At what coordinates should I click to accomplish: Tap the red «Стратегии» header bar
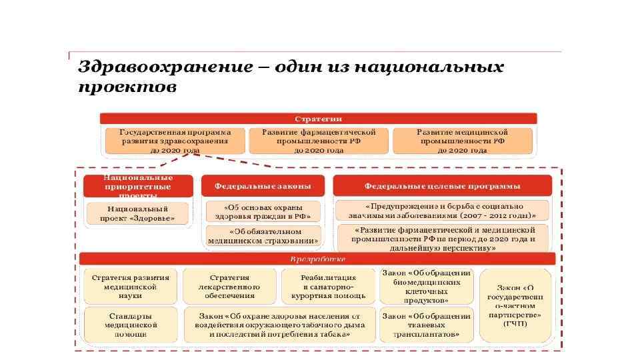[x=318, y=119]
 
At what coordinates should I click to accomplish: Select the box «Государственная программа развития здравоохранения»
[x=175, y=141]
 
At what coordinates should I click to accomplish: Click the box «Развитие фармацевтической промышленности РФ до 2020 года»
[x=319, y=141]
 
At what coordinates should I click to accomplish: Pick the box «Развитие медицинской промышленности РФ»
[x=462, y=141]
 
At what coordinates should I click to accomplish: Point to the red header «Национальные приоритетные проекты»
[x=138, y=186]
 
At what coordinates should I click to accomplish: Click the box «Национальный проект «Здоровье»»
[x=138, y=213]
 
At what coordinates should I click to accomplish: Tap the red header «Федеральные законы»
[x=263, y=186]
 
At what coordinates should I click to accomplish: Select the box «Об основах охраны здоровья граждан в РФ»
[x=263, y=211]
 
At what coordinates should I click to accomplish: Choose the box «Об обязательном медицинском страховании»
[x=263, y=234]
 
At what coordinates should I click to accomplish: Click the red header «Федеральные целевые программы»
[x=442, y=186]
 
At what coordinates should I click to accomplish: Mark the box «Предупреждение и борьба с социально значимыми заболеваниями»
[x=442, y=211]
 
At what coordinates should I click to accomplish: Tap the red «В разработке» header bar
[x=317, y=259]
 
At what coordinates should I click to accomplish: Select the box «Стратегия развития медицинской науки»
[x=130, y=286]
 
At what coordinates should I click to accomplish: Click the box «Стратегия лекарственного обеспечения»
[x=229, y=286]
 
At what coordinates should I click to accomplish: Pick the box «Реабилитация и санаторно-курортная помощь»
[x=328, y=286]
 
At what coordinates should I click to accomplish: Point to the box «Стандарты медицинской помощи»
[x=130, y=324]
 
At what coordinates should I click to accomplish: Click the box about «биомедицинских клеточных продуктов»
[x=426, y=286]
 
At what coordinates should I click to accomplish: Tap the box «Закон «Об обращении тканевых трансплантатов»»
[x=426, y=324]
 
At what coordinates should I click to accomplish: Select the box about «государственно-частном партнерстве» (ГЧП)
[x=514, y=305]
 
